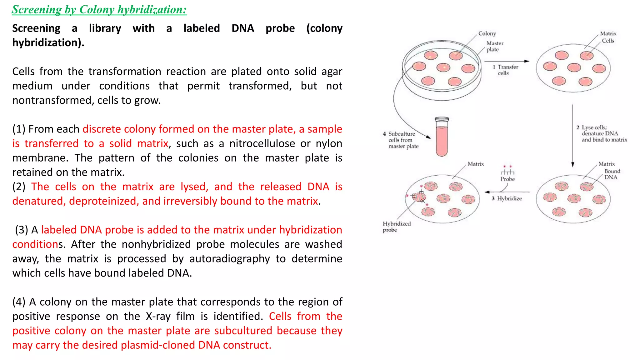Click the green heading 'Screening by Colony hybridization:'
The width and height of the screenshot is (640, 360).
coord(99,10)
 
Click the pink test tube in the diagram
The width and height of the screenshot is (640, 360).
coord(442,137)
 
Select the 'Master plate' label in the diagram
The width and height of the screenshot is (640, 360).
coord(495,46)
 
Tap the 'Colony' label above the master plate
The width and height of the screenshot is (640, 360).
coord(487,33)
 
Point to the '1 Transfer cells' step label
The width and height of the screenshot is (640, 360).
coord(505,70)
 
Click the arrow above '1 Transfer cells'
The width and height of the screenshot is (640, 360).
coord(507,61)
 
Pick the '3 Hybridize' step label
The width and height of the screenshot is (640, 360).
coord(507,198)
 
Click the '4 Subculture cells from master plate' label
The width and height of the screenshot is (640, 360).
coord(401,140)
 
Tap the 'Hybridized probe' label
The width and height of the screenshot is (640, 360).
coord(397,227)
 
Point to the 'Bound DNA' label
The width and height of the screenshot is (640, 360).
coord(612,174)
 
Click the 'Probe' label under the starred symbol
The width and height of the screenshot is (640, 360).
coord(507,179)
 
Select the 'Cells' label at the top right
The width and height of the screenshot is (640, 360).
coord(608,41)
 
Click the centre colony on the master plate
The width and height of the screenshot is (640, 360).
coord(443,67)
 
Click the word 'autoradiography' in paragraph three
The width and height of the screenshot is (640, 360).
coord(230,259)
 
